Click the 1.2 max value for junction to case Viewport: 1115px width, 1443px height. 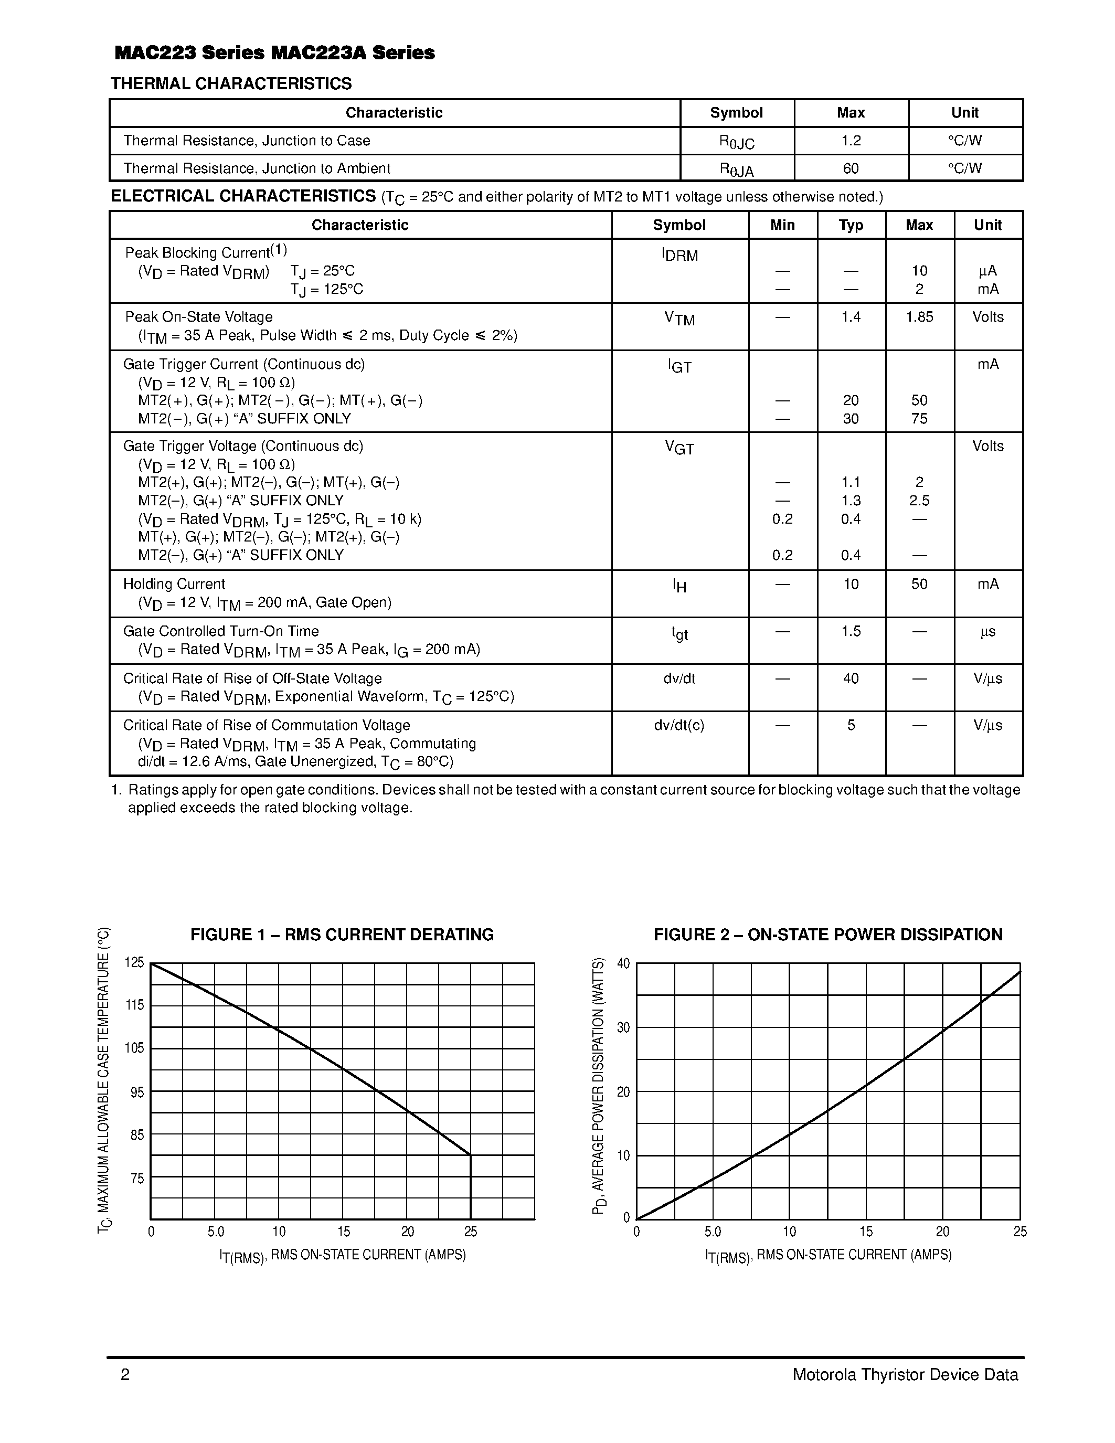pyautogui.click(x=851, y=141)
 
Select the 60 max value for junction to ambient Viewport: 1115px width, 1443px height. pyautogui.click(x=851, y=168)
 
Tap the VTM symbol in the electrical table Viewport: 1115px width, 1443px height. pyautogui.click(x=679, y=319)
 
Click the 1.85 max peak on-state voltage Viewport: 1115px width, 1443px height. pyautogui.click(x=919, y=317)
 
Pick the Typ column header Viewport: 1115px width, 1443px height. pyautogui.click(x=851, y=225)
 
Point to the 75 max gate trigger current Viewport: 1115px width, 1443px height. pyautogui.click(x=919, y=419)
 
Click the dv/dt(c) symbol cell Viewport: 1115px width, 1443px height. pyautogui.click(x=679, y=726)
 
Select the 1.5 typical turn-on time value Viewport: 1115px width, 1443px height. pyautogui.click(x=851, y=632)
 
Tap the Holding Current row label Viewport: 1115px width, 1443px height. pyautogui.click(x=174, y=584)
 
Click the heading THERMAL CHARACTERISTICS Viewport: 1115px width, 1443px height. pyautogui.click(x=231, y=84)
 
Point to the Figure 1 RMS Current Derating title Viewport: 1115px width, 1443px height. pyautogui.click(x=342, y=935)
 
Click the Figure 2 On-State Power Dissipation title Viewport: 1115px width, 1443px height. pyautogui.click(x=827, y=935)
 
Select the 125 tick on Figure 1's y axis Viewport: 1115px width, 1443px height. pyautogui.click(x=134, y=963)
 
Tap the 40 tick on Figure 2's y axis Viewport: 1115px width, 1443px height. pyautogui.click(x=623, y=963)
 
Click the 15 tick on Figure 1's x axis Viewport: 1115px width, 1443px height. pyautogui.click(x=344, y=1232)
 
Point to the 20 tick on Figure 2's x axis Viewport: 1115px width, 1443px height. pyautogui.click(x=942, y=1232)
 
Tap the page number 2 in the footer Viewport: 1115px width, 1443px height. pyautogui.click(x=125, y=1375)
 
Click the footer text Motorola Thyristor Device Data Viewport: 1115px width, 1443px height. pyautogui.click(x=905, y=1375)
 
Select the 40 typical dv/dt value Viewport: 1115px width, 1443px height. pyautogui.click(x=851, y=678)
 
